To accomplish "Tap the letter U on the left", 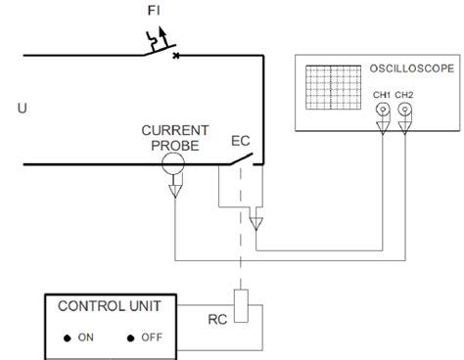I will (x=22, y=109).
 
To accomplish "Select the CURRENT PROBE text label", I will (x=174, y=137).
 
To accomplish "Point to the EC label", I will (x=241, y=141).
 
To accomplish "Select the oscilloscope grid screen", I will (x=331, y=90).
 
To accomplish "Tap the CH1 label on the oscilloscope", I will (x=381, y=95).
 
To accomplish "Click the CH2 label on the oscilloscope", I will (x=404, y=95).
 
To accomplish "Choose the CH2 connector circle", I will (x=403, y=112).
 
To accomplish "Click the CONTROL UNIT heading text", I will (x=105, y=305).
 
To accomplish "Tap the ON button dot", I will (x=67, y=338).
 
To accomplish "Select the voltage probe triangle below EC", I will (x=256, y=225).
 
